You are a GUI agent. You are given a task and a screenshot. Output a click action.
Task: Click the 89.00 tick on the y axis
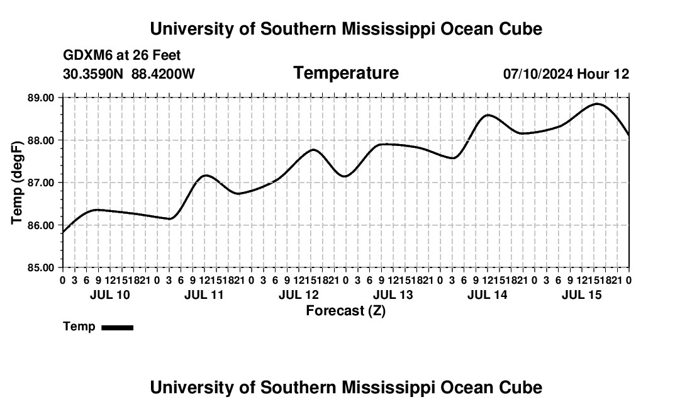(41, 98)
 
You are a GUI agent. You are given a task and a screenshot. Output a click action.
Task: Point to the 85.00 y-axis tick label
(41, 268)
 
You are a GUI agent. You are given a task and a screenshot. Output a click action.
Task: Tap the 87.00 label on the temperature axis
(41, 182)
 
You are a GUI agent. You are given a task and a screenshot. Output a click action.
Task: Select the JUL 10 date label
(110, 294)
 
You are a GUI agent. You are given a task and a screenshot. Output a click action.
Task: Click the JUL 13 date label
(393, 294)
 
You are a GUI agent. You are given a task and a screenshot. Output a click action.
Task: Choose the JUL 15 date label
(582, 294)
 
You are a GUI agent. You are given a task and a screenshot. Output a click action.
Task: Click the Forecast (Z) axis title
(345, 311)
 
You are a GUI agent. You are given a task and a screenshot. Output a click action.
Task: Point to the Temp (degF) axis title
(17, 182)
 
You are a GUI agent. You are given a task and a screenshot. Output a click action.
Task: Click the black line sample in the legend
(118, 327)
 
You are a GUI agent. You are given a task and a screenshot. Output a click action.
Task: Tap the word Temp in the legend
(79, 327)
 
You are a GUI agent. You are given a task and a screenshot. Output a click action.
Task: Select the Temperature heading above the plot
(346, 73)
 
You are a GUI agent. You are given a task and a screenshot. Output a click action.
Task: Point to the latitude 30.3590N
(93, 74)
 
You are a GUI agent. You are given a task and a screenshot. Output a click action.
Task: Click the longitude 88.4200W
(163, 74)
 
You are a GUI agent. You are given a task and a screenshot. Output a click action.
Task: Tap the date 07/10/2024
(538, 74)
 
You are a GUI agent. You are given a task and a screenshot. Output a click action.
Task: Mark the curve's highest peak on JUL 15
(597, 104)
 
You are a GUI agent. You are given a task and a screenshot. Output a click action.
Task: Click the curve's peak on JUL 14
(488, 115)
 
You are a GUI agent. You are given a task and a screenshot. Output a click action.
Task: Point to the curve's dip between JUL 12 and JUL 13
(345, 176)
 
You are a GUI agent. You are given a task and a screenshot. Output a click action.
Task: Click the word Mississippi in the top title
(385, 29)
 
